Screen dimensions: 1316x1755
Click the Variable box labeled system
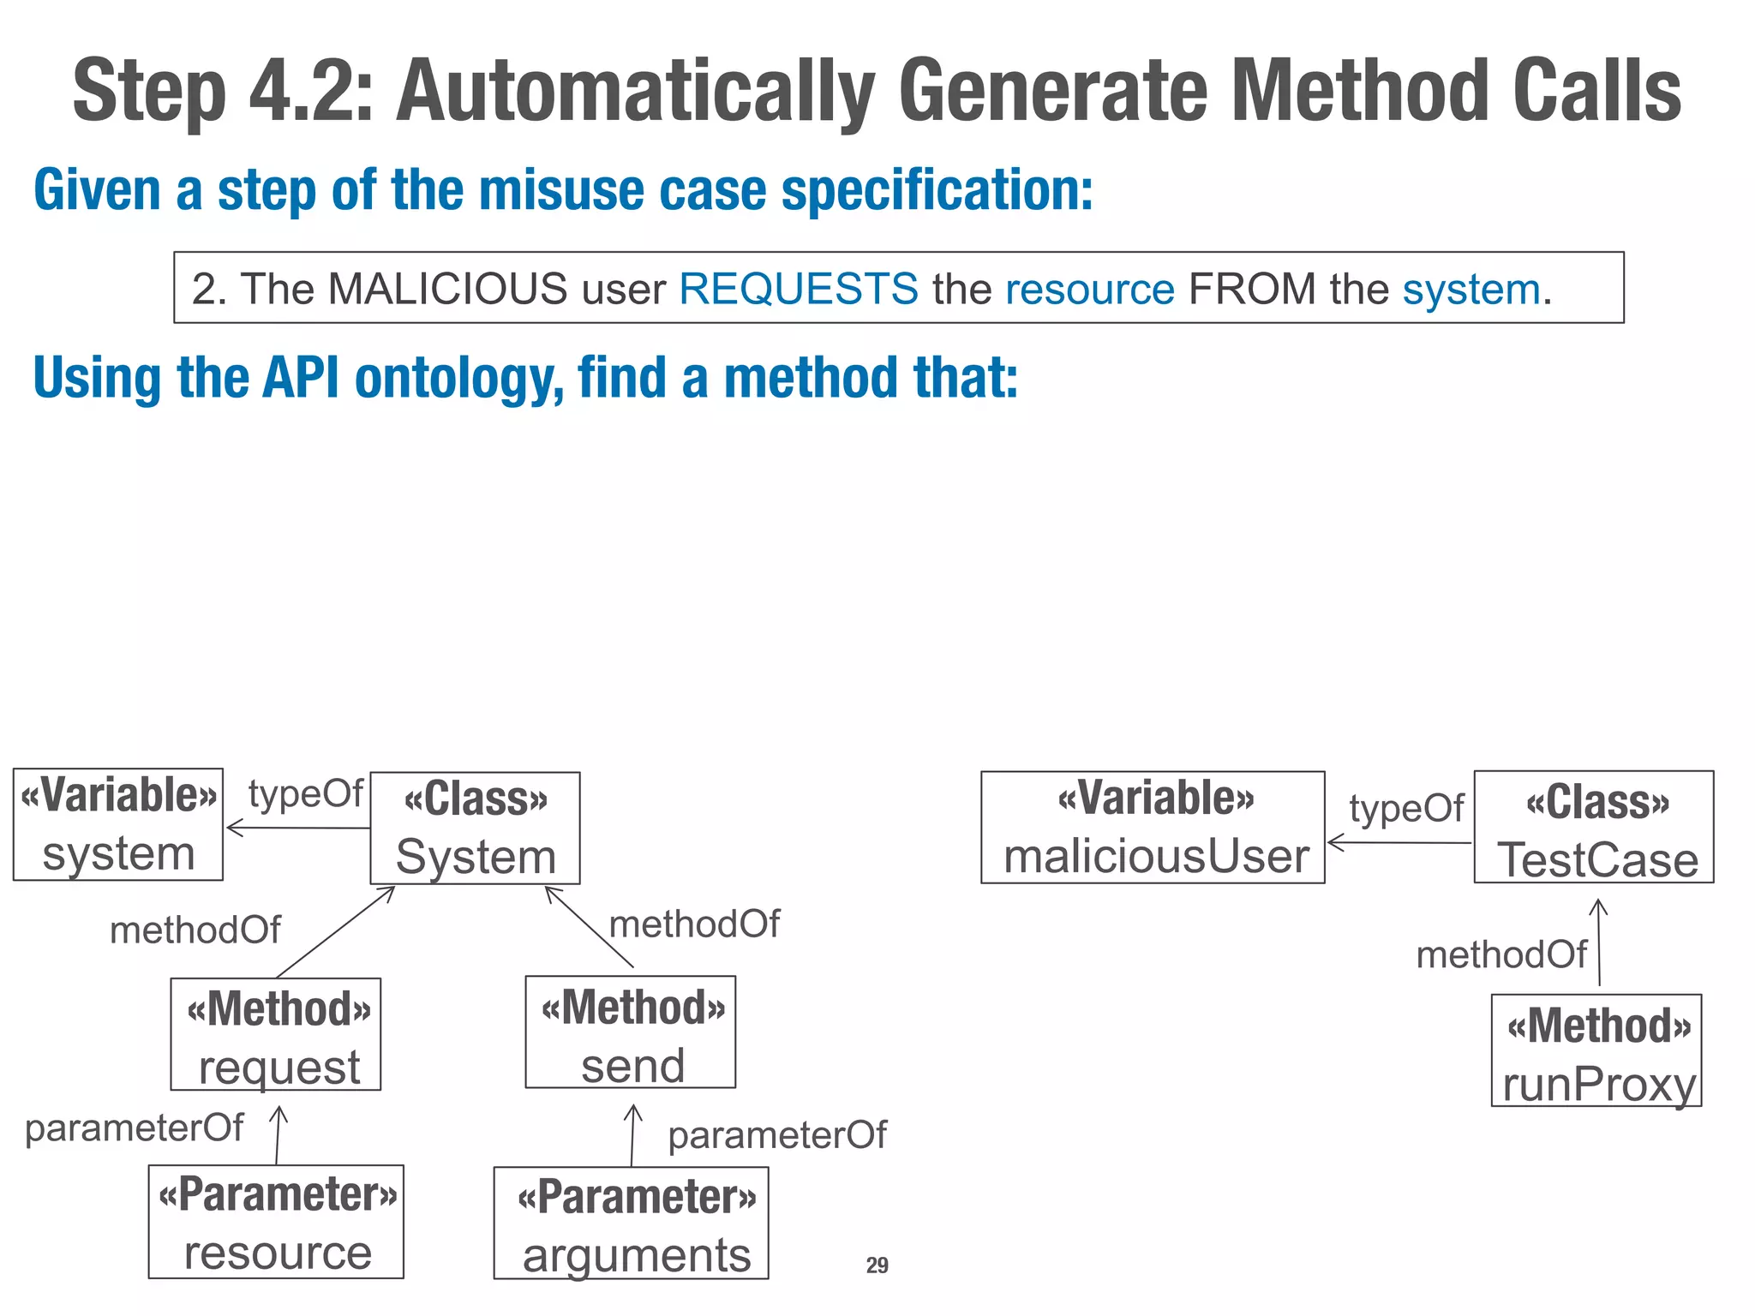[118, 824]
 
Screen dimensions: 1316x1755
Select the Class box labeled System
[475, 828]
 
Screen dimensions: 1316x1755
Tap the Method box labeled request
[275, 1034]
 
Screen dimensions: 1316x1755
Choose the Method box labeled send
[630, 1032]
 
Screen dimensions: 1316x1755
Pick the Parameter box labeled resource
[276, 1221]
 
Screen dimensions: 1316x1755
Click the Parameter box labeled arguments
[631, 1223]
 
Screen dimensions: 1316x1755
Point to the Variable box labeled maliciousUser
[1153, 828]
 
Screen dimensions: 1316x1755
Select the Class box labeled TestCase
[1594, 827]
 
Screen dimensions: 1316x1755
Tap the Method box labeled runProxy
[1596, 1050]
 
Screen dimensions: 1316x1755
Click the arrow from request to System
[336, 931]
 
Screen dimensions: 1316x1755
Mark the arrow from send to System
[590, 927]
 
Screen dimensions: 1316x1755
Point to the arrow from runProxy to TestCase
[1599, 942]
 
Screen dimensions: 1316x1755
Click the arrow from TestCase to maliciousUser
[1399, 842]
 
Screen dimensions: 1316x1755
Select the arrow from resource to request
[278, 1135]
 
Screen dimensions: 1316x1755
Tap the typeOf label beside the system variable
[305, 793]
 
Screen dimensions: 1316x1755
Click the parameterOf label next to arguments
[777, 1135]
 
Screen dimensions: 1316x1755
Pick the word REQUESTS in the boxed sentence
[799, 289]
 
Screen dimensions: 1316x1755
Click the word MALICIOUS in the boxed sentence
[447, 289]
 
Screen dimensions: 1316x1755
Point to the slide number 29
[877, 1265]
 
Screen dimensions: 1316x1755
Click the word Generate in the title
[1054, 91]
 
